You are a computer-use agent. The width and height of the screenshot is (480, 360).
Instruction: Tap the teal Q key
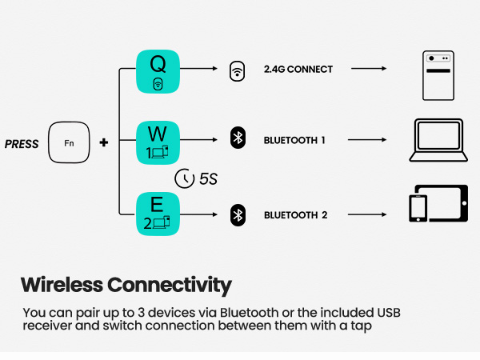tap(158, 71)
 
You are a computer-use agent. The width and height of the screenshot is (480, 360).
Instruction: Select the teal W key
tap(158, 142)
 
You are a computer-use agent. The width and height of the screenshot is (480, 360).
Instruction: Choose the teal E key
tap(158, 214)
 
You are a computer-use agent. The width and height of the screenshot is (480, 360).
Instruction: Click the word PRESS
tap(22, 144)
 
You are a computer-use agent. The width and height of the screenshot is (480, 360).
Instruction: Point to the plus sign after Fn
tap(104, 142)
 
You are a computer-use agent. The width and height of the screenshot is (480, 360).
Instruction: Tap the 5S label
tap(208, 178)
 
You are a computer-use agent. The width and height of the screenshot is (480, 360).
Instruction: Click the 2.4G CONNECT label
tap(298, 69)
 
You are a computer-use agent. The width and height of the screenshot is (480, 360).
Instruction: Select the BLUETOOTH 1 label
tap(294, 140)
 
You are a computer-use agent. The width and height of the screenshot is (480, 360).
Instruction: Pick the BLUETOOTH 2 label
tap(295, 215)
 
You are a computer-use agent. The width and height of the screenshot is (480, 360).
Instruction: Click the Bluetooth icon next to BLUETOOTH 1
tap(238, 138)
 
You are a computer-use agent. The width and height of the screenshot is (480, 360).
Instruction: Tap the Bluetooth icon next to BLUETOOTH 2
tap(238, 215)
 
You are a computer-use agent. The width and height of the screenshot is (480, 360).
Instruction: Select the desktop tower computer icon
tap(438, 75)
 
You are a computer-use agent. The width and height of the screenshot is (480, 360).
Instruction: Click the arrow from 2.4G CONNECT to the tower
tap(369, 69)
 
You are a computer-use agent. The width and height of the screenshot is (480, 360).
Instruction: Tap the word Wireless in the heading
tap(62, 285)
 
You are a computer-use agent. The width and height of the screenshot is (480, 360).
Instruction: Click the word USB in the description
tap(389, 313)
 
